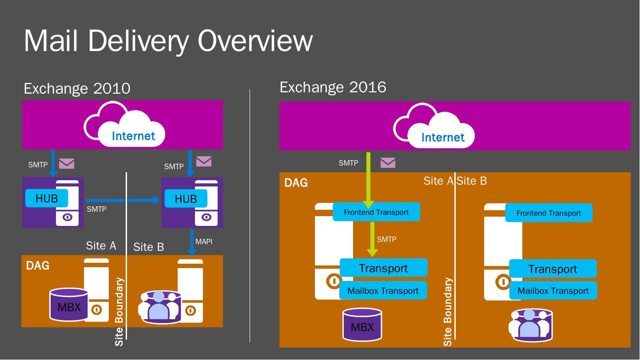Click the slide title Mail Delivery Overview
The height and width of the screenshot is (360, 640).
168,41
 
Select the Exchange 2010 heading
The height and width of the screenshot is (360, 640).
77,88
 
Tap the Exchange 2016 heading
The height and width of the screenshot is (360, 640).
333,87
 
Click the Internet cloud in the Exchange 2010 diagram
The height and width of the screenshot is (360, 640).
124,124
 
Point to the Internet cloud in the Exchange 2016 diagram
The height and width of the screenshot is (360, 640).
434,126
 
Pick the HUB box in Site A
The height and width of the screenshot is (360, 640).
47,198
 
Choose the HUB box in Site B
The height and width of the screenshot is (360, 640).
186,199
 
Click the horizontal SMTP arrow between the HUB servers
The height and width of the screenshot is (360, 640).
122,200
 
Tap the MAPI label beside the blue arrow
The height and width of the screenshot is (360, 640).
204,241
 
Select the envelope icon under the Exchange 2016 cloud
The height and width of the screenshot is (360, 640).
388,163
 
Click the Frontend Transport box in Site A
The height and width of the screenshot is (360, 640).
376,212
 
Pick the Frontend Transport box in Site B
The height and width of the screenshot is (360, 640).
549,213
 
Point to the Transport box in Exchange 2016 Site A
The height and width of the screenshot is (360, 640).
383,268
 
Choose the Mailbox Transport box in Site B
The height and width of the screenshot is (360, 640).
553,291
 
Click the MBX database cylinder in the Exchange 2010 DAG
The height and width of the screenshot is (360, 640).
69,305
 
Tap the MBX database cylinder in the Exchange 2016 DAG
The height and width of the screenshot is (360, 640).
362,324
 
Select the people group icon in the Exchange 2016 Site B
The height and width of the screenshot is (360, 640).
530,325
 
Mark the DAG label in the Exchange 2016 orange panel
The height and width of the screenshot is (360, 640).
296,183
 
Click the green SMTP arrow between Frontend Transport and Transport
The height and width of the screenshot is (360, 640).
372,239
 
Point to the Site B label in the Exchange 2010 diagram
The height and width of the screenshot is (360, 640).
149,247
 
